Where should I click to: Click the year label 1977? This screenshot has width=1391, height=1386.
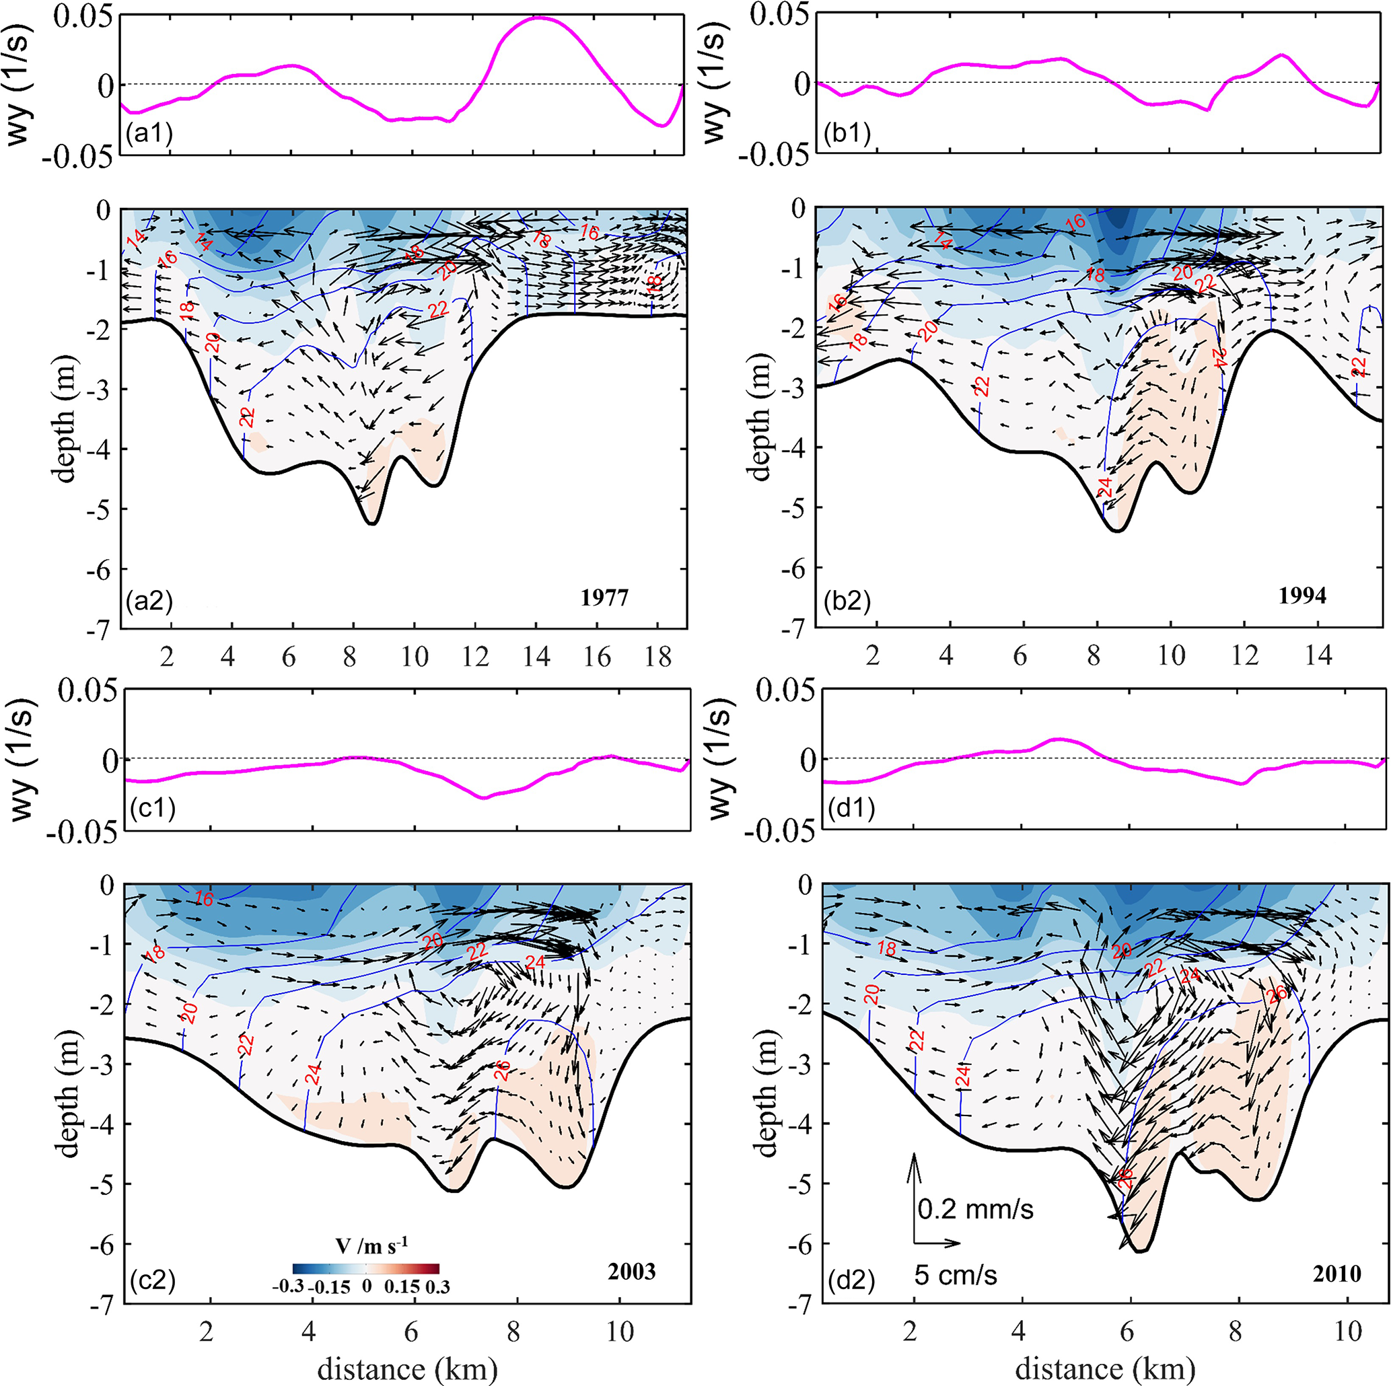pos(604,597)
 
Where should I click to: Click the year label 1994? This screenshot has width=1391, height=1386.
pos(1302,595)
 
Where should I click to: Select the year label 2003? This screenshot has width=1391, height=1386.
pos(631,1272)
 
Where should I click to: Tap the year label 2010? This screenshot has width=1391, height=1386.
pos(1336,1274)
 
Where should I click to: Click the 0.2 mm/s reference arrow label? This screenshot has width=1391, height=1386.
pos(976,1209)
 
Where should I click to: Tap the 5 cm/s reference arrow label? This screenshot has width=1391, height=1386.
pos(956,1275)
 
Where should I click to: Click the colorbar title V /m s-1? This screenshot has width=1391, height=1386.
pos(367,1244)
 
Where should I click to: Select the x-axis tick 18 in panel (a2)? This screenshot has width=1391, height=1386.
pos(658,657)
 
